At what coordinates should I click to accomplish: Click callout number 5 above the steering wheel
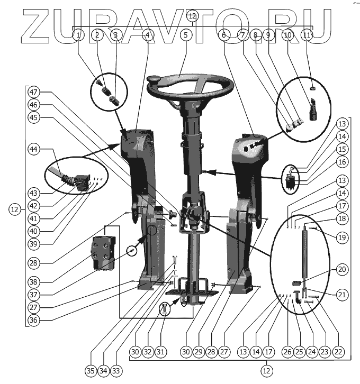click(185, 35)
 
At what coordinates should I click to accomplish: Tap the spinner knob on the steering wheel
click(155, 80)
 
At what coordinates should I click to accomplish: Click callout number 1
click(78, 35)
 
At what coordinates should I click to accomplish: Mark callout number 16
click(342, 162)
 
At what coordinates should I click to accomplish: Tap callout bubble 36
click(35, 319)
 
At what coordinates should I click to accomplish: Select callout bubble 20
click(342, 270)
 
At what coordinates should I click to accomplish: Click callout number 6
click(224, 35)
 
